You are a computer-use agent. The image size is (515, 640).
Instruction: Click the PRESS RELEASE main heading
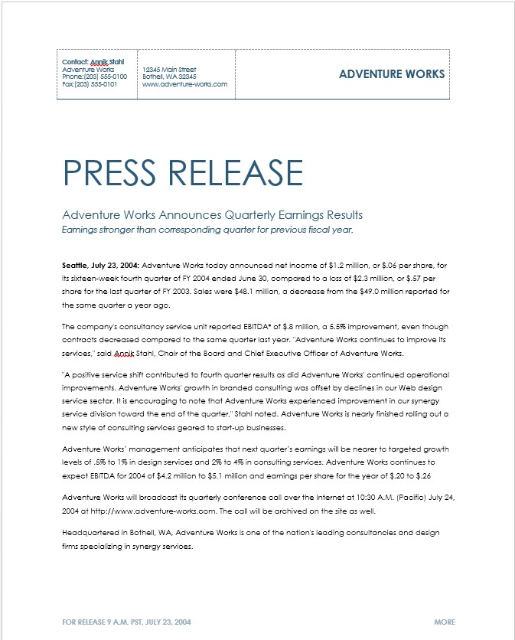pyautogui.click(x=182, y=173)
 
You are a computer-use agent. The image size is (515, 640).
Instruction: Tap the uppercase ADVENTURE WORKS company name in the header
pyautogui.click(x=391, y=74)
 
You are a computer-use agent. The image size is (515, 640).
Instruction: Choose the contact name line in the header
pyautogui.click(x=93, y=61)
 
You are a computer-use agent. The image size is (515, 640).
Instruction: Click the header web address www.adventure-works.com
pyautogui.click(x=184, y=84)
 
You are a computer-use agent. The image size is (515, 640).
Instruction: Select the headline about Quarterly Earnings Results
pyautogui.click(x=212, y=214)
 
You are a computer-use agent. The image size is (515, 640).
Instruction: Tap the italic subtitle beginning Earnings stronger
pyautogui.click(x=207, y=229)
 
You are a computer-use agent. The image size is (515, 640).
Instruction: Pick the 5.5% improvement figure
pyautogui.click(x=310, y=326)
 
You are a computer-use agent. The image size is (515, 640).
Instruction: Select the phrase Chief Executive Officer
pyautogui.click(x=305, y=353)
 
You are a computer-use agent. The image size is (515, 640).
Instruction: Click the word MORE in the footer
pyautogui.click(x=445, y=622)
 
